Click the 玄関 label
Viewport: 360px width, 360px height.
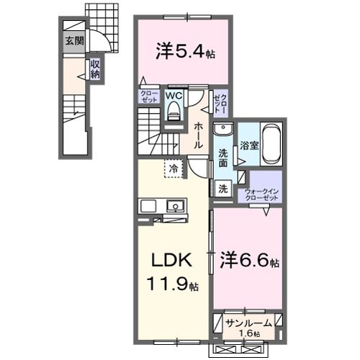[x=73, y=41]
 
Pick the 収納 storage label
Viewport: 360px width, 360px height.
[x=95, y=70]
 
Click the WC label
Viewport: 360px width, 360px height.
[x=174, y=94]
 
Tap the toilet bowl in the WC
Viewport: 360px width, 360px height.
[x=174, y=109]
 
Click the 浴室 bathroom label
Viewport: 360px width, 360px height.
[x=249, y=145]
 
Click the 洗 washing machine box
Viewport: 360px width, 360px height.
[x=223, y=188]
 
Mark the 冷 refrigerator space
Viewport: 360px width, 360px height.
[x=174, y=168]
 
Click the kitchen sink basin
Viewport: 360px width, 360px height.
[x=175, y=207]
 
